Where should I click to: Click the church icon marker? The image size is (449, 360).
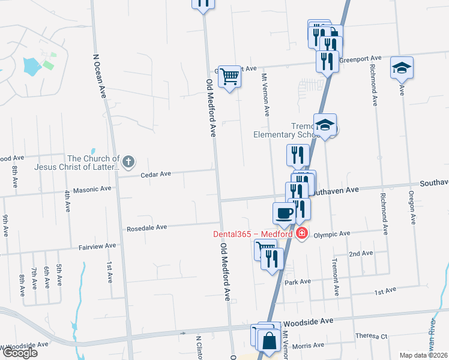[x=128, y=161]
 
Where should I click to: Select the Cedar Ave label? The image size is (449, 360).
[x=155, y=174]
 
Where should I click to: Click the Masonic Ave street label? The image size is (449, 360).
[x=92, y=190]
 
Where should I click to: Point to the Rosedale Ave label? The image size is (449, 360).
[x=146, y=228]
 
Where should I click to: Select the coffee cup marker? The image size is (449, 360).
[x=284, y=212]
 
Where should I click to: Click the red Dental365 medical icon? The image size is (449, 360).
[x=302, y=233]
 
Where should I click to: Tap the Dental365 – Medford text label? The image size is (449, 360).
[x=253, y=234]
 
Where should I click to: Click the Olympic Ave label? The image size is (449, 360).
[x=336, y=233]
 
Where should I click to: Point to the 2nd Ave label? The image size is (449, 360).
[x=361, y=253]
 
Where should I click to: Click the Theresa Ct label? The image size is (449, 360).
[x=372, y=336]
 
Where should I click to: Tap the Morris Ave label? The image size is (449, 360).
[x=311, y=345]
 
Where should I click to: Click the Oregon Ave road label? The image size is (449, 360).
[x=412, y=208]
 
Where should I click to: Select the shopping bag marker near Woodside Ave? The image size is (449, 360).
[x=270, y=340]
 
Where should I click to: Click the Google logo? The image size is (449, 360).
[x=19, y=353]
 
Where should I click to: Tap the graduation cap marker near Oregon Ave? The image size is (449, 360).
[x=402, y=67]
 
